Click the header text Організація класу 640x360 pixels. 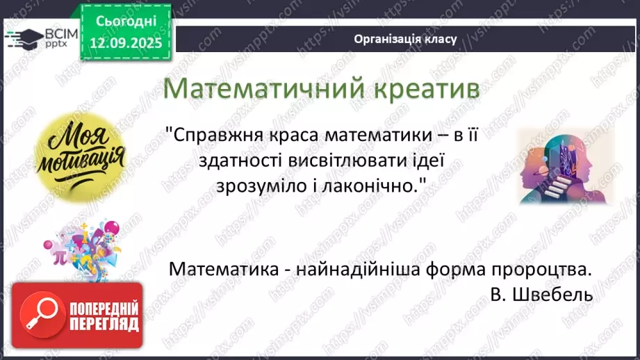tap(405, 39)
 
